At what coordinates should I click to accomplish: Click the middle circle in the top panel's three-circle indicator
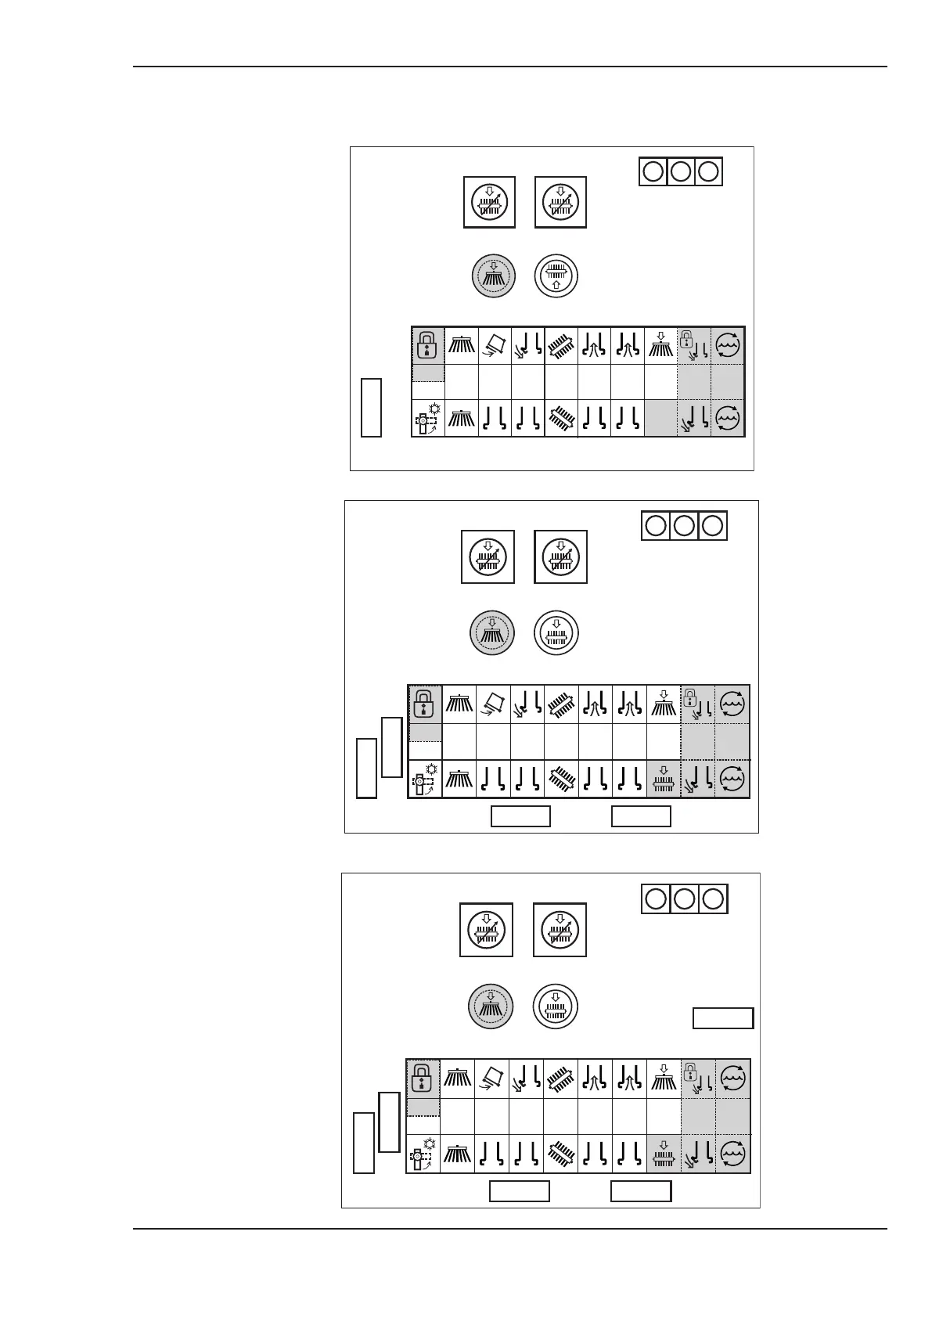[x=681, y=171]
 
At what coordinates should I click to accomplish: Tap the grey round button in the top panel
[x=493, y=275]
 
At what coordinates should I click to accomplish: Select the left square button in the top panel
[x=489, y=203]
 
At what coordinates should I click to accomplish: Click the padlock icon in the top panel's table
[x=427, y=344]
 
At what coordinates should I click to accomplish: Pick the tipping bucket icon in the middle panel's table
[x=493, y=704]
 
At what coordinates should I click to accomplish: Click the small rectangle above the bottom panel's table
[x=723, y=1017]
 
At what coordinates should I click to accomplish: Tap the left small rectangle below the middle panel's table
[x=520, y=816]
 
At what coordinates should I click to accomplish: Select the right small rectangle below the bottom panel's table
[x=641, y=1191]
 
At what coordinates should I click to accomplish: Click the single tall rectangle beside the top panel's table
[x=371, y=407]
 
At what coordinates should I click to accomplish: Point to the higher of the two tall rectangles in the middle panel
[x=392, y=747]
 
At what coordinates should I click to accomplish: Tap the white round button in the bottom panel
[x=555, y=1007]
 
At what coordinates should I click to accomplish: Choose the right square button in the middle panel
[x=560, y=557]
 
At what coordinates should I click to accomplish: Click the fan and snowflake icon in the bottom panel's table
[x=423, y=1154]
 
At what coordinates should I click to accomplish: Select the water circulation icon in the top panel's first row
[x=728, y=345]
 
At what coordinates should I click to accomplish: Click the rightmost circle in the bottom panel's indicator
[x=712, y=898]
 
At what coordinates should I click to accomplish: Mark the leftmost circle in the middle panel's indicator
[x=656, y=525]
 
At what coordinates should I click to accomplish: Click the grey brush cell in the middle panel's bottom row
[x=664, y=779]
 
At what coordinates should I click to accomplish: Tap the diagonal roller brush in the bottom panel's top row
[x=560, y=1079]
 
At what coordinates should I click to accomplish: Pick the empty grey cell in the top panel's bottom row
[x=661, y=418]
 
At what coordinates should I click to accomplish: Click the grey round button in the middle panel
[x=491, y=632]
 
